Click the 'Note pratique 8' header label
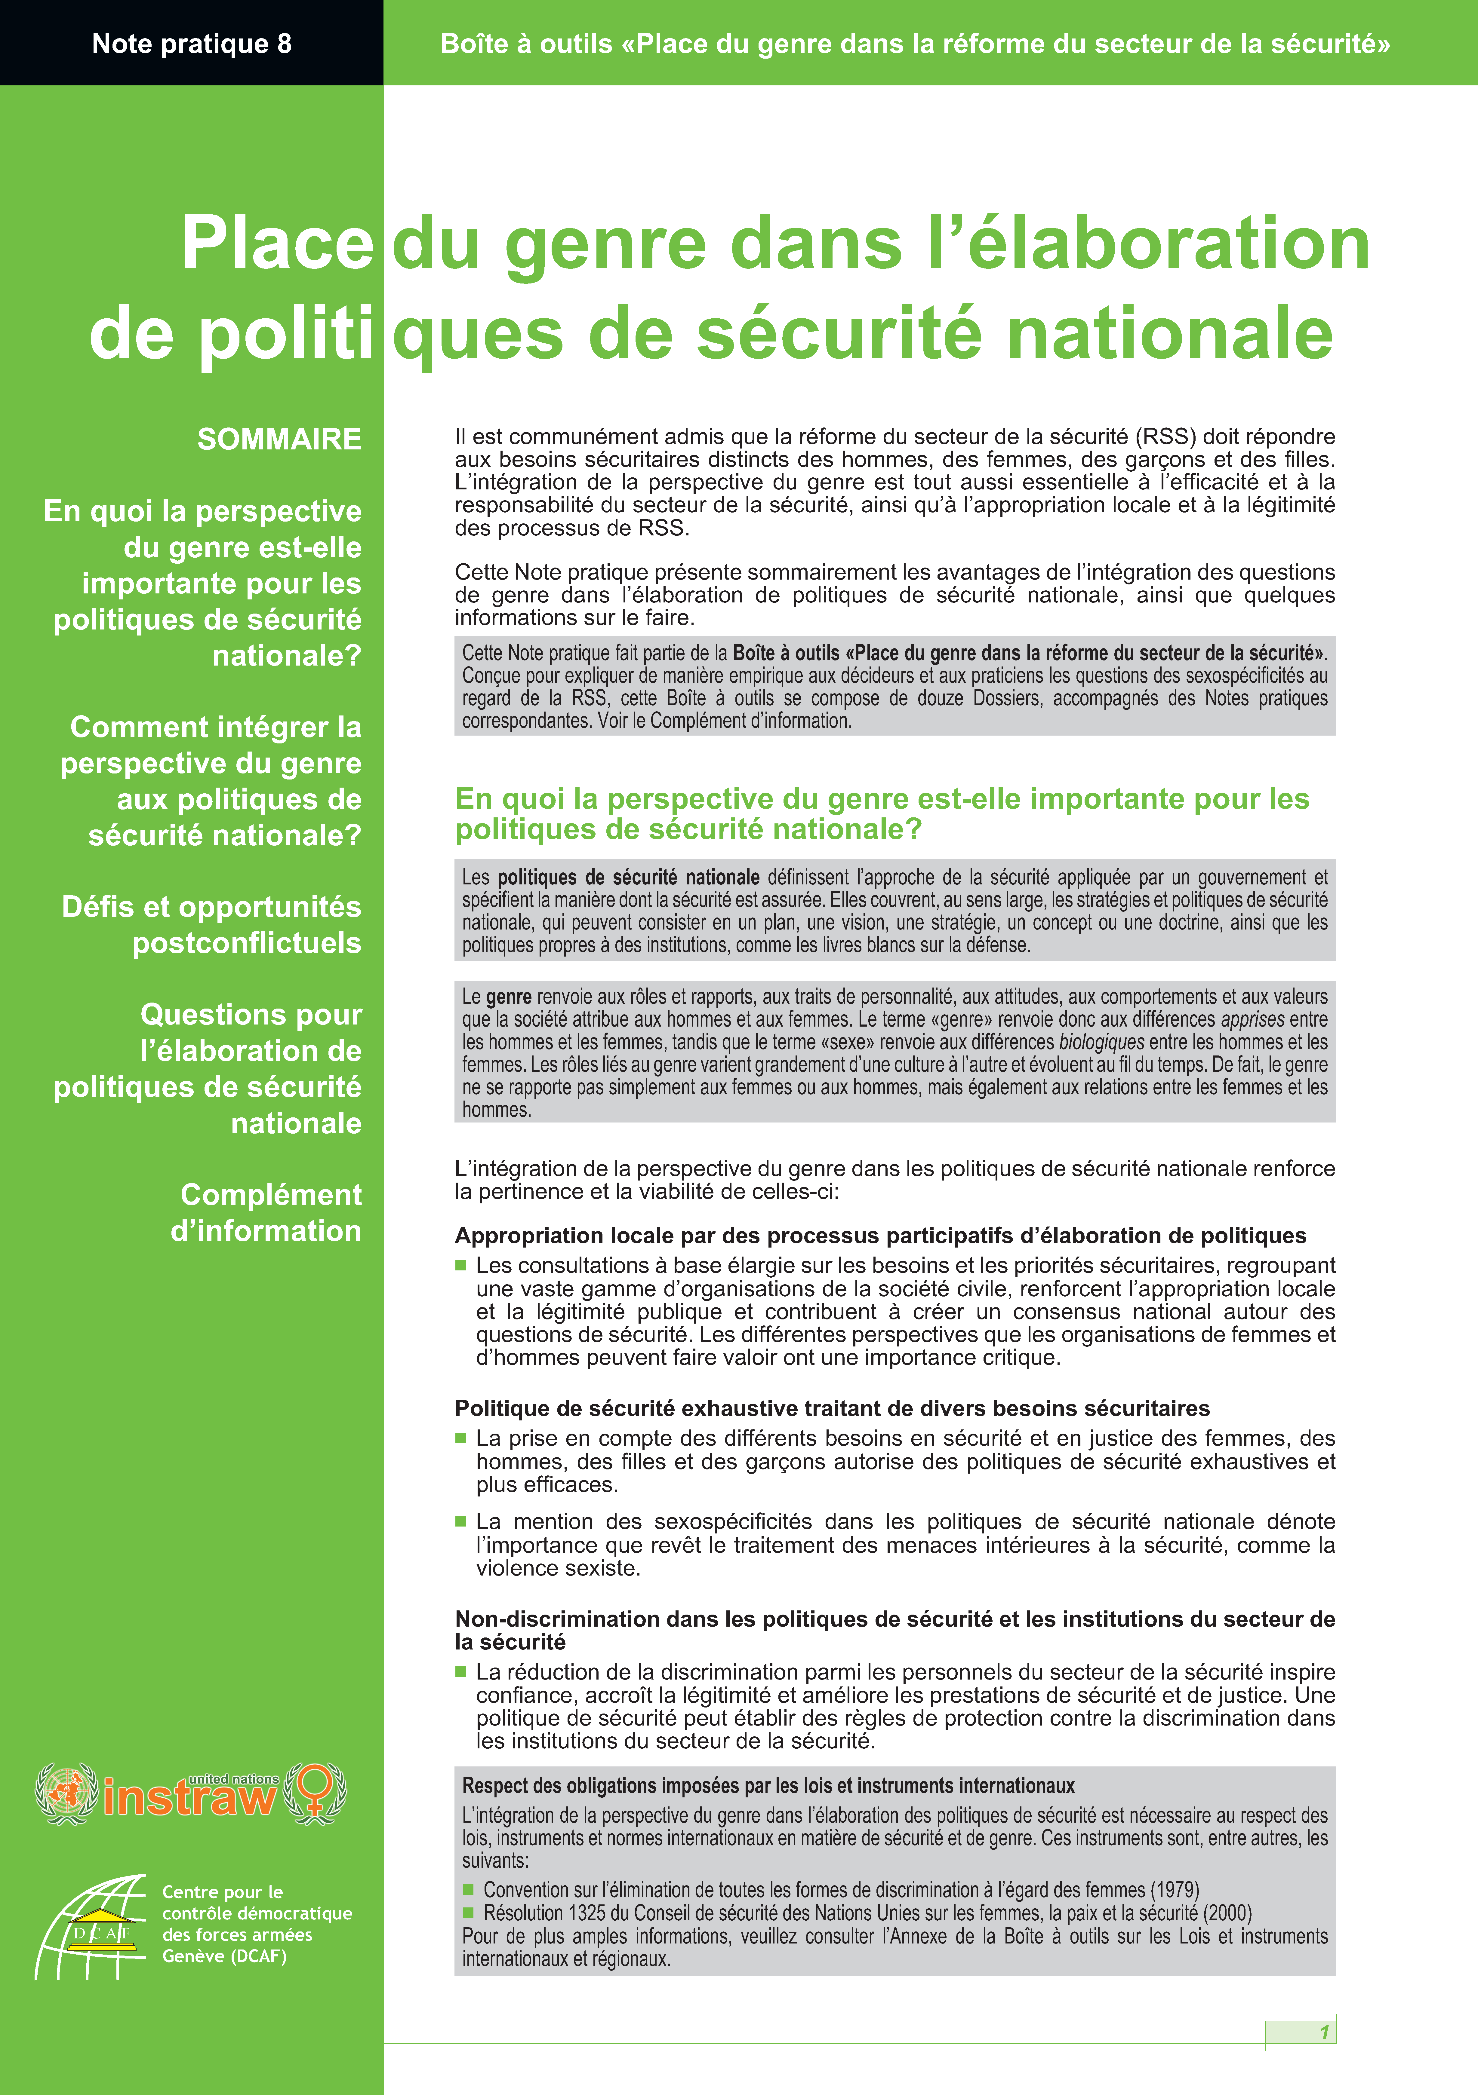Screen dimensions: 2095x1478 (x=192, y=44)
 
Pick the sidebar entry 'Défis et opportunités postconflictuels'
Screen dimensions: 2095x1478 (x=212, y=924)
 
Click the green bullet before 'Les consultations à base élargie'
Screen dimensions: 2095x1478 (x=461, y=1266)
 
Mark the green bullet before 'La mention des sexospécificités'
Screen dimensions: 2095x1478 (x=461, y=1521)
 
